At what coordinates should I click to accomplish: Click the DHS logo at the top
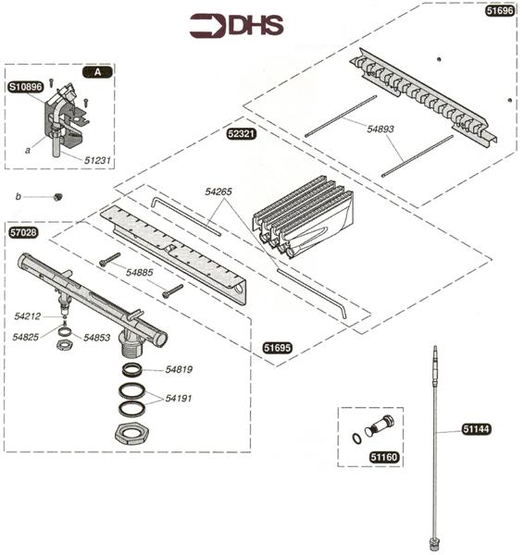click(237, 25)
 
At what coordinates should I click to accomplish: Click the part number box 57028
click(22, 233)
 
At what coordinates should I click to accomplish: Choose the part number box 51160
click(383, 456)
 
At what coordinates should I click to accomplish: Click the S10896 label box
click(25, 87)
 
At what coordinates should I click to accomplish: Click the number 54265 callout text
click(220, 192)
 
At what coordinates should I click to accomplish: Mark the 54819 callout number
click(179, 370)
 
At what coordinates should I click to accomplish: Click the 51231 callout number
click(98, 160)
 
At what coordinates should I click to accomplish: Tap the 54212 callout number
click(29, 316)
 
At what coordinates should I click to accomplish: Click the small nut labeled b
click(57, 196)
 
